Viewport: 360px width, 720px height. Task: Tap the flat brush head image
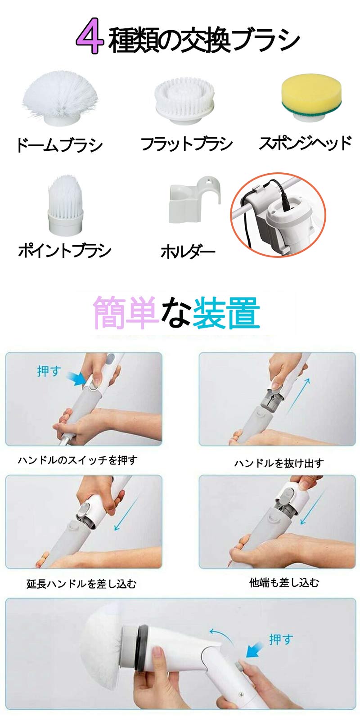(x=184, y=100)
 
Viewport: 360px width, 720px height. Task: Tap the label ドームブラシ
(x=60, y=145)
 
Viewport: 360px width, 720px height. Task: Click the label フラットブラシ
(x=186, y=144)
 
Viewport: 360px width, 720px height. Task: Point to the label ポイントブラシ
(x=65, y=250)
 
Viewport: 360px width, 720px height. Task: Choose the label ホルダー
(x=188, y=252)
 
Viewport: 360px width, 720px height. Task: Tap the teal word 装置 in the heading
(x=226, y=313)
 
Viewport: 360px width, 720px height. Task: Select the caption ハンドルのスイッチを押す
(x=77, y=460)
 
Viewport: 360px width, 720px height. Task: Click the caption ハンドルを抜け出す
(x=279, y=463)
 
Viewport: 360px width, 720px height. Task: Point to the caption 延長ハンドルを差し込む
(x=81, y=584)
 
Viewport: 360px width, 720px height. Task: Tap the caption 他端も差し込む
(x=284, y=583)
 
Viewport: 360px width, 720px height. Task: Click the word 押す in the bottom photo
(x=281, y=639)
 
